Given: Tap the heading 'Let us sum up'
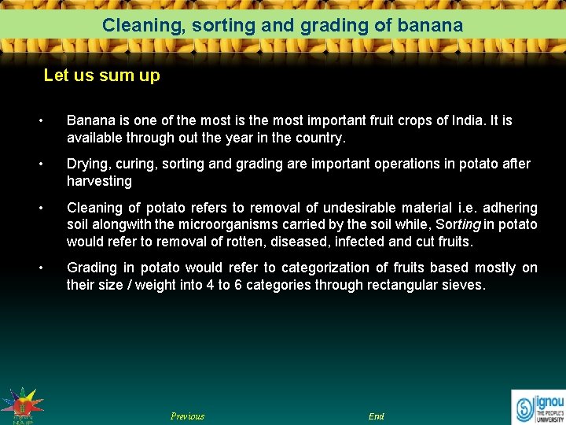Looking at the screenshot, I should pyautogui.click(x=101, y=76).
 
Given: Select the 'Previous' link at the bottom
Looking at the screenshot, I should pyautogui.click(x=187, y=416).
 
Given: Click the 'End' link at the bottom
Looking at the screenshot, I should pyautogui.click(x=377, y=416).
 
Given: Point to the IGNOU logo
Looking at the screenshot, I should pyautogui.click(x=538, y=406).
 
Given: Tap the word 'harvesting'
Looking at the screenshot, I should pyautogui.click(x=99, y=181).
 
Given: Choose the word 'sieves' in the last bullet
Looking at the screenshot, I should pyautogui.click(x=463, y=285).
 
